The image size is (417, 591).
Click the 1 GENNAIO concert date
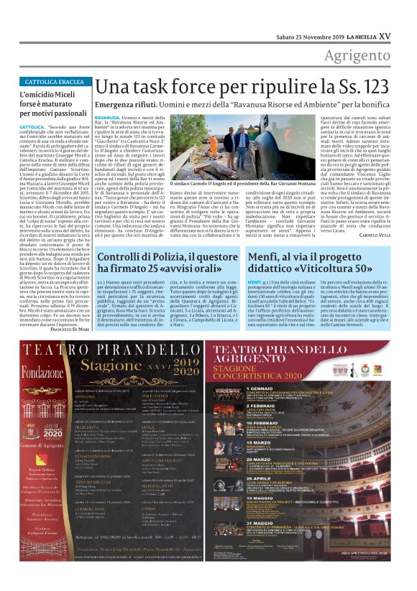pos(255,388)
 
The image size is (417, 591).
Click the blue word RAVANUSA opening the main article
pos(107,116)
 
